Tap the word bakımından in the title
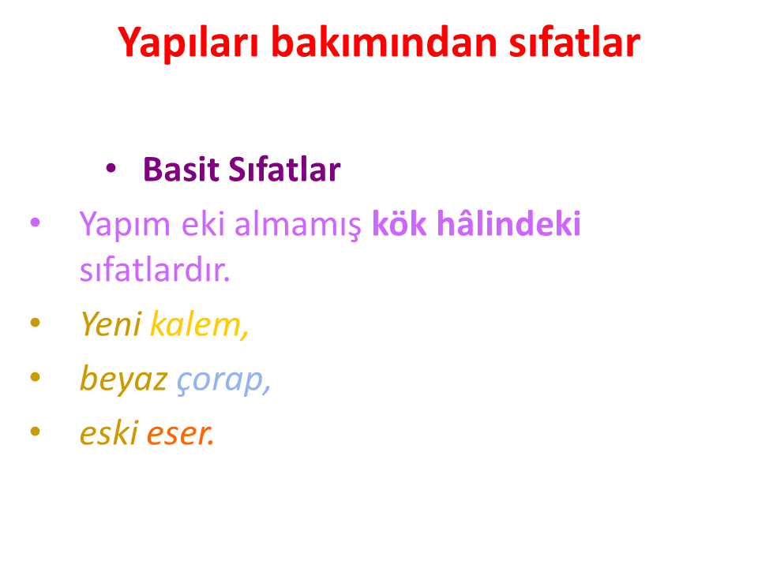(x=385, y=42)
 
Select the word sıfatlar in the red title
(x=575, y=42)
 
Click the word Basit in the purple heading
(x=182, y=170)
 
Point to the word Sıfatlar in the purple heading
(x=284, y=170)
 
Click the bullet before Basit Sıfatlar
(x=111, y=168)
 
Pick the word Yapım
(x=126, y=225)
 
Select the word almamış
(x=298, y=225)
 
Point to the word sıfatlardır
(x=155, y=269)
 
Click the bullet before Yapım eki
(x=36, y=222)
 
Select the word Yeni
(x=111, y=323)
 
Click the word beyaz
(x=124, y=379)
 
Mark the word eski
(x=109, y=432)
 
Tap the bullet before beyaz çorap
(x=36, y=377)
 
